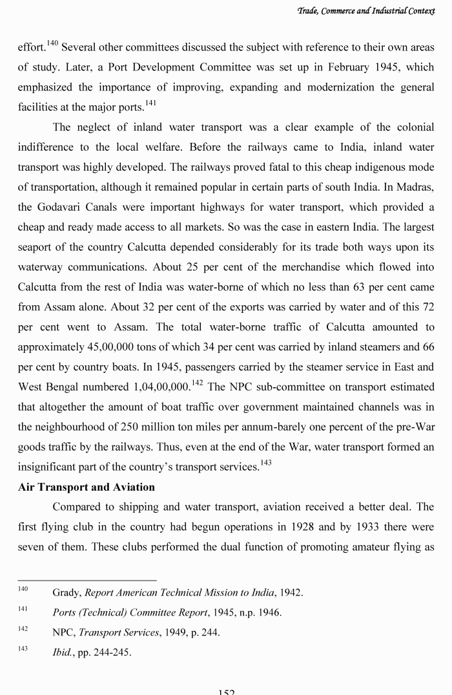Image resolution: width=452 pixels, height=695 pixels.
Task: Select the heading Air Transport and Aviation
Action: tap(87, 487)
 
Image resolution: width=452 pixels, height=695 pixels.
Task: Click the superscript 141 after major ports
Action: tap(150, 103)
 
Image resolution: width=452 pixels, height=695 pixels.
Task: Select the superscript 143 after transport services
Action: tap(265, 463)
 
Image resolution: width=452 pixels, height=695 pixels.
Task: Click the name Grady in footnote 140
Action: tap(66, 592)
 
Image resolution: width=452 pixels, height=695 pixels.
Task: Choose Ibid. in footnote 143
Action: tap(63, 652)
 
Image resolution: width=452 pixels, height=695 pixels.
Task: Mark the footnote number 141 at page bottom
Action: tap(23, 610)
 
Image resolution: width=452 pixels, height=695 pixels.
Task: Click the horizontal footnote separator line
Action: tap(87, 579)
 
